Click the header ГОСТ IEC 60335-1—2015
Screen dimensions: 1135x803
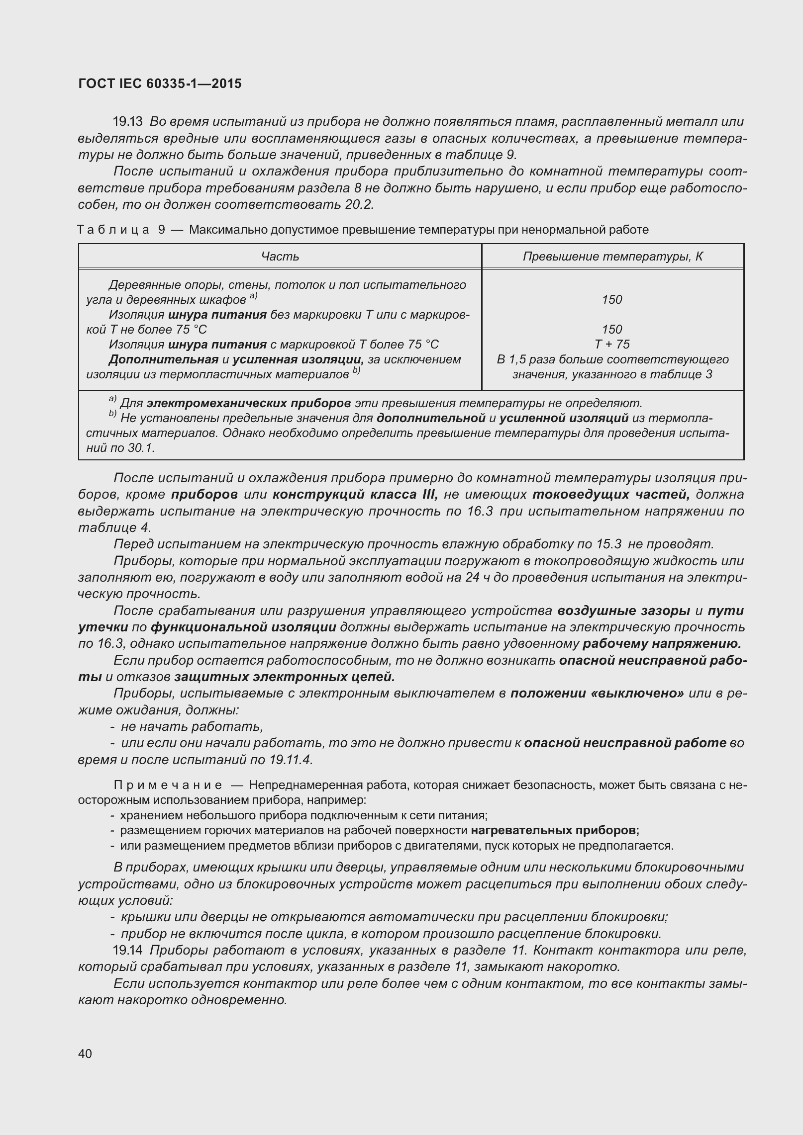pyautogui.click(x=160, y=84)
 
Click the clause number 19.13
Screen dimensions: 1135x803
pyautogui.click(x=128, y=122)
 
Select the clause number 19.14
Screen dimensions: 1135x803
pyautogui.click(x=128, y=950)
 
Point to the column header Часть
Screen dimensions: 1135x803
pyautogui.click(x=280, y=257)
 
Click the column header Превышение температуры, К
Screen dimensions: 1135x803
pyautogui.click(x=612, y=257)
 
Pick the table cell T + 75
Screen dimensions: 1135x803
pyautogui.click(x=612, y=344)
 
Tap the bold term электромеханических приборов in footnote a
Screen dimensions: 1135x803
pyautogui.click(x=249, y=403)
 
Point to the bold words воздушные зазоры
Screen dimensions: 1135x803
pyautogui.click(x=623, y=611)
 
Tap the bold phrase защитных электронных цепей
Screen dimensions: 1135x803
pyautogui.click(x=284, y=677)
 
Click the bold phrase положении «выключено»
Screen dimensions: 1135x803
pyautogui.click(x=597, y=694)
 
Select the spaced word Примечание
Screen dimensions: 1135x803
pyautogui.click(x=168, y=785)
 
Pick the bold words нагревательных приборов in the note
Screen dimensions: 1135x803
pyautogui.click(x=555, y=830)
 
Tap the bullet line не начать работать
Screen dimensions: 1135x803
pyautogui.click(x=192, y=727)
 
